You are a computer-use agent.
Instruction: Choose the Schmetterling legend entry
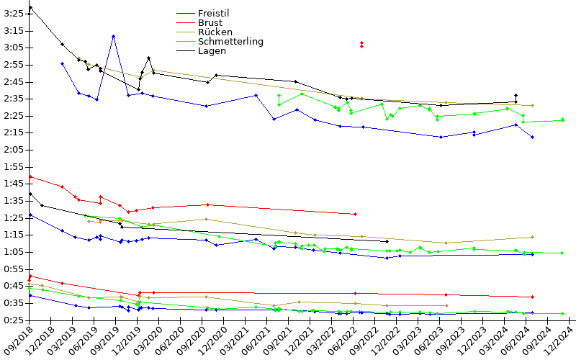230,41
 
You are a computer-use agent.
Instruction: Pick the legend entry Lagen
212,50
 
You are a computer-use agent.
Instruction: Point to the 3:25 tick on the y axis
13,14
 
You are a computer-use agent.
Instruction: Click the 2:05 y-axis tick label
13,150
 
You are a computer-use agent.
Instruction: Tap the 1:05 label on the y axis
13,252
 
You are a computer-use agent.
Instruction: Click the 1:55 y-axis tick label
13,167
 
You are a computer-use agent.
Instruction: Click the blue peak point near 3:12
113,37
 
